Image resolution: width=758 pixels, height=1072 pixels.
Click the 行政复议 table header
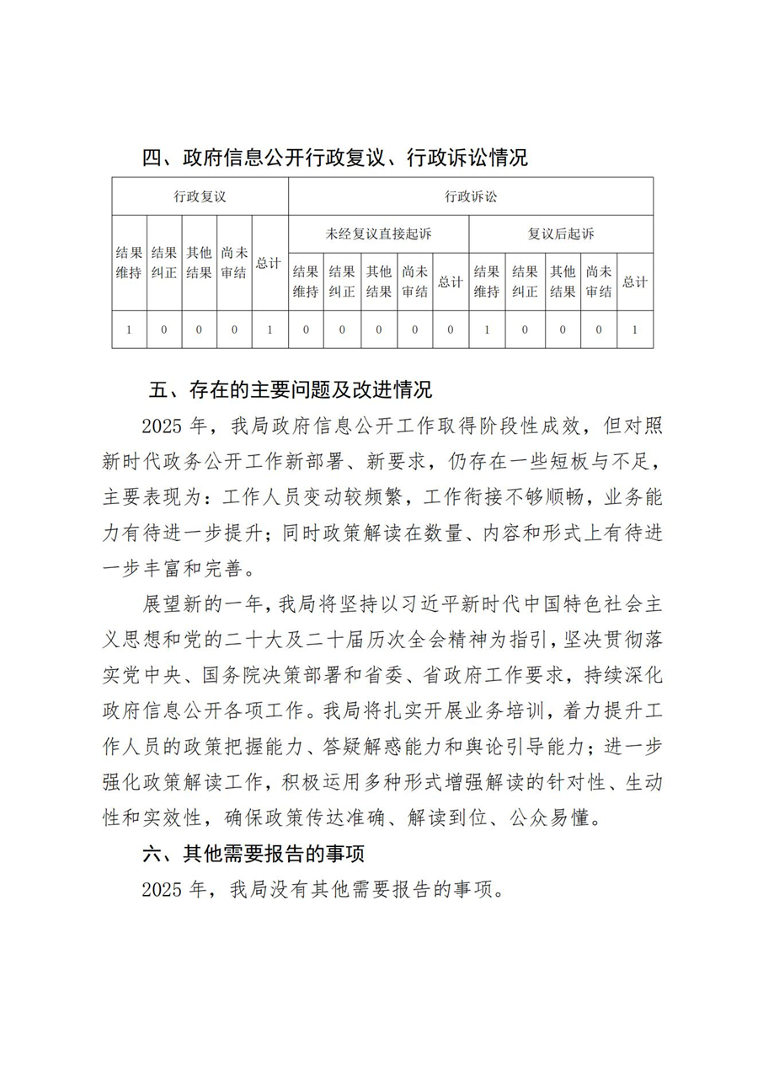200,196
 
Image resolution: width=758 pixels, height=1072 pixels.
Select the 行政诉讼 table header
471,196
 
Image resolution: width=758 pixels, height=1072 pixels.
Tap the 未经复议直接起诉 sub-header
378,233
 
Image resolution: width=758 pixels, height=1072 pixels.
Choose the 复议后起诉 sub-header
561,233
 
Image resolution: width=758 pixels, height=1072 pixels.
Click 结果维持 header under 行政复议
129,263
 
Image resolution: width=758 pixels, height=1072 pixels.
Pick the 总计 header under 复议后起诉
634,282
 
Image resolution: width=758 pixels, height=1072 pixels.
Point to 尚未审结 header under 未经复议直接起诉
414,282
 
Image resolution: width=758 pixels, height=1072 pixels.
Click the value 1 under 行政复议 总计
270,330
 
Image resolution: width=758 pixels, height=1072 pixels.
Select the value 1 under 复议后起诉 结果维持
487,330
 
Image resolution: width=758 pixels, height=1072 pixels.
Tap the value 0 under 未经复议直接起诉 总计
451,330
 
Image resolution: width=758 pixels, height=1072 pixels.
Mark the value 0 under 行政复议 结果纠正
164,330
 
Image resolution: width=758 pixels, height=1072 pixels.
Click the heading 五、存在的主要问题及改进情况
290,390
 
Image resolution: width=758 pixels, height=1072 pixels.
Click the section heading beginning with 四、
334,158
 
